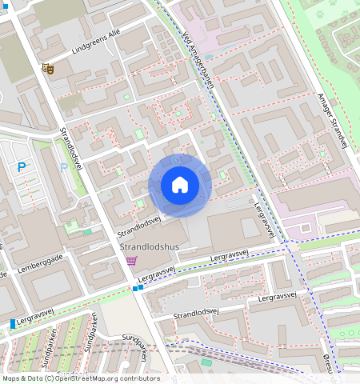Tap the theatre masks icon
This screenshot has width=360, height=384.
click(49, 70)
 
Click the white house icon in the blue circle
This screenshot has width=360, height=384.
click(180, 186)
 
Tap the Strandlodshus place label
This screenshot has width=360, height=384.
click(149, 247)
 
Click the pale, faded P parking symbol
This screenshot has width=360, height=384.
click(63, 168)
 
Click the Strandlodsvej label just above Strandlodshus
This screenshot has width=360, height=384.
click(140, 226)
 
